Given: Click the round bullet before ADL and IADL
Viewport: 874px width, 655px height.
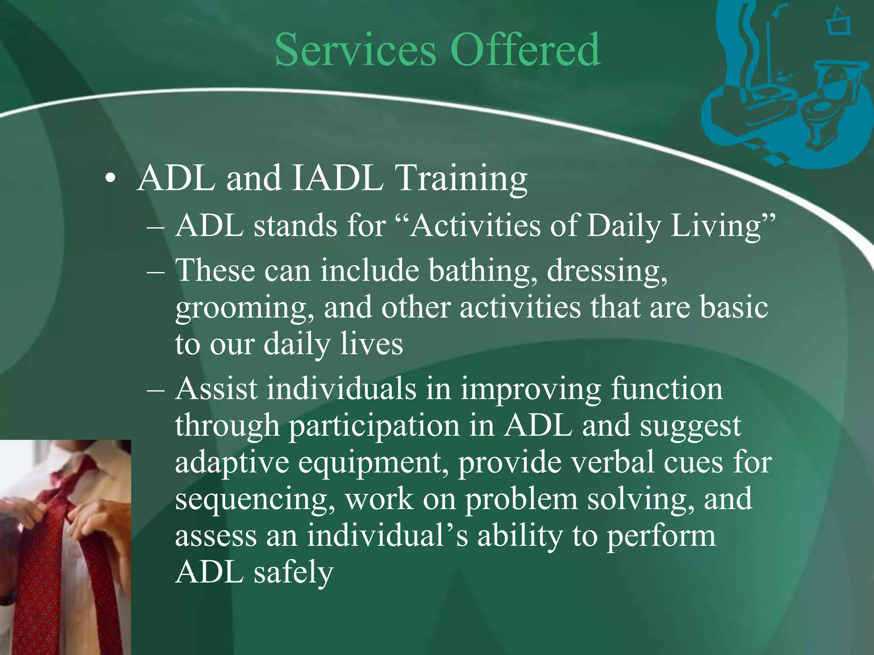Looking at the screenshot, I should pos(110,180).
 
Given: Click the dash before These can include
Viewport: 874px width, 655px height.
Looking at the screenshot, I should pos(155,271).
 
